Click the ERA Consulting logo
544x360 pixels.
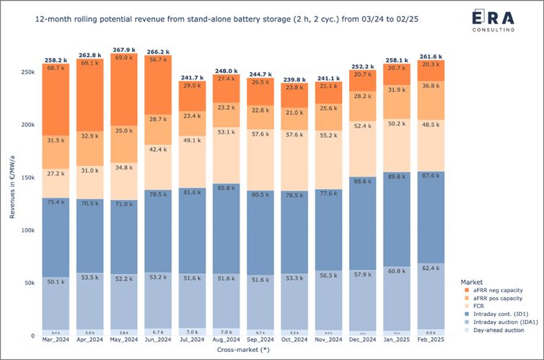pyautogui.click(x=493, y=22)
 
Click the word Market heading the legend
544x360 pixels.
pyautogui.click(x=472, y=281)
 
